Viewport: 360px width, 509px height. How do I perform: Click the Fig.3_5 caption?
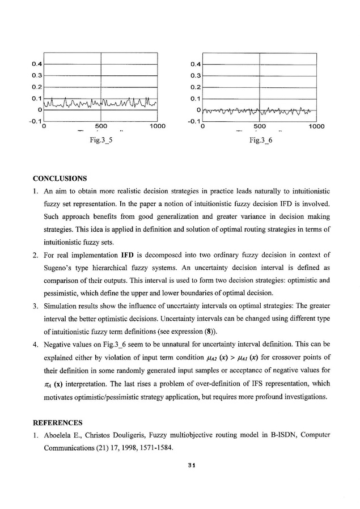pos(100,141)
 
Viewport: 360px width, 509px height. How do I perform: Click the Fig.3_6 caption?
pos(259,141)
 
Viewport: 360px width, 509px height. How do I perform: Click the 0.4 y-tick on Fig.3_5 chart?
pos(36,63)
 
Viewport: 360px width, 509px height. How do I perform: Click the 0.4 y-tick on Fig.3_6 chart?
pos(196,63)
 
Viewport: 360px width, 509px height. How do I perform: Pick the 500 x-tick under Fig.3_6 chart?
pos(259,126)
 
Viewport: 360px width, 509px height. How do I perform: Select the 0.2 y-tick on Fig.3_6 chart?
pos(196,87)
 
